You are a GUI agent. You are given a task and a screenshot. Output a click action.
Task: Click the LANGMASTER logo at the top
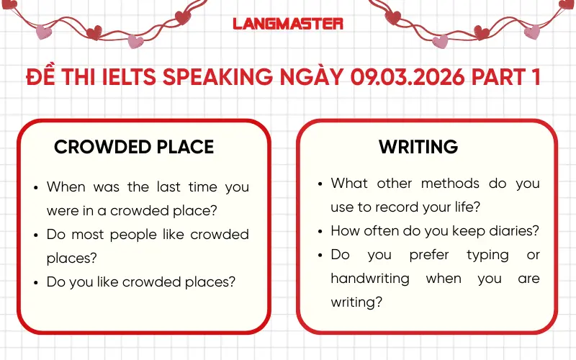[288, 23]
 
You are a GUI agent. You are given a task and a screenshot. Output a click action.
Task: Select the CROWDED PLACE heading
[134, 147]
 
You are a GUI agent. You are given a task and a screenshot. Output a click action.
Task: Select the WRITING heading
[418, 147]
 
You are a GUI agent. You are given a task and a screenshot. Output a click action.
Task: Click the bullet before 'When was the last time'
[36, 187]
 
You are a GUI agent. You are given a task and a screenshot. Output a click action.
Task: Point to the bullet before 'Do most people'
[36, 235]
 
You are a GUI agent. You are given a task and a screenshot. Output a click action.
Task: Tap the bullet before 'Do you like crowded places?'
[36, 282]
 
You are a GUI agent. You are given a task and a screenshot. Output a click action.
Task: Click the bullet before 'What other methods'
[320, 184]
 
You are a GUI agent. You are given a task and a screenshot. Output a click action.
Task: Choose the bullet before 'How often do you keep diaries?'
[320, 231]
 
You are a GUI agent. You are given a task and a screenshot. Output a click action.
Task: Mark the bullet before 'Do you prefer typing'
[320, 255]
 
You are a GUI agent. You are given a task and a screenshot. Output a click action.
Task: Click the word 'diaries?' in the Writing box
[513, 231]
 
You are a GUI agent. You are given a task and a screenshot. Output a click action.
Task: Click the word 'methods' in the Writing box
[450, 184]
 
